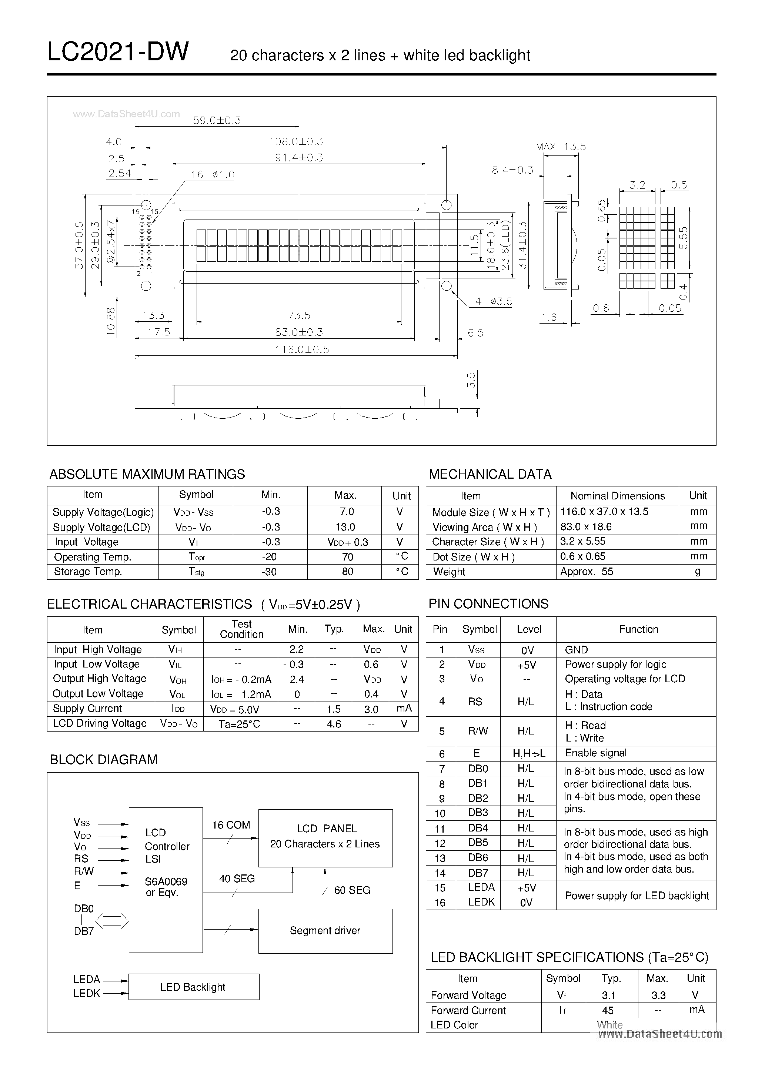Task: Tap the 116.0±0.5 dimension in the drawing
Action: click(x=302, y=349)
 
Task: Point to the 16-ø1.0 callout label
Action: click(x=213, y=175)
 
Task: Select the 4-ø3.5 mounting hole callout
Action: click(x=493, y=301)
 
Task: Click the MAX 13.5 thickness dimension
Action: click(x=561, y=147)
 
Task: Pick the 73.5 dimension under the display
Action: click(x=299, y=315)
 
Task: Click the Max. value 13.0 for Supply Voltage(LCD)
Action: click(x=345, y=527)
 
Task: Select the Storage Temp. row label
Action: click(x=88, y=572)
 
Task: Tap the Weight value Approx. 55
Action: click(x=587, y=572)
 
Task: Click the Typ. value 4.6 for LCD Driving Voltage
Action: click(x=334, y=724)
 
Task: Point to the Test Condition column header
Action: click(x=241, y=629)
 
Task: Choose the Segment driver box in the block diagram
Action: click(x=325, y=931)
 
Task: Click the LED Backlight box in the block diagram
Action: click(x=193, y=987)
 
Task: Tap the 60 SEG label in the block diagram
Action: click(x=352, y=890)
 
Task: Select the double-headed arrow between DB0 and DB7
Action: click(x=112, y=921)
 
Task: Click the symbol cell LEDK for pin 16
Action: click(x=481, y=901)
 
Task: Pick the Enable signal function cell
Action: click(x=596, y=753)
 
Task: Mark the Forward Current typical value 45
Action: click(x=608, y=1010)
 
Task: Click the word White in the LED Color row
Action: click(x=609, y=1024)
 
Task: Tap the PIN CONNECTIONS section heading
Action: click(x=488, y=604)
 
